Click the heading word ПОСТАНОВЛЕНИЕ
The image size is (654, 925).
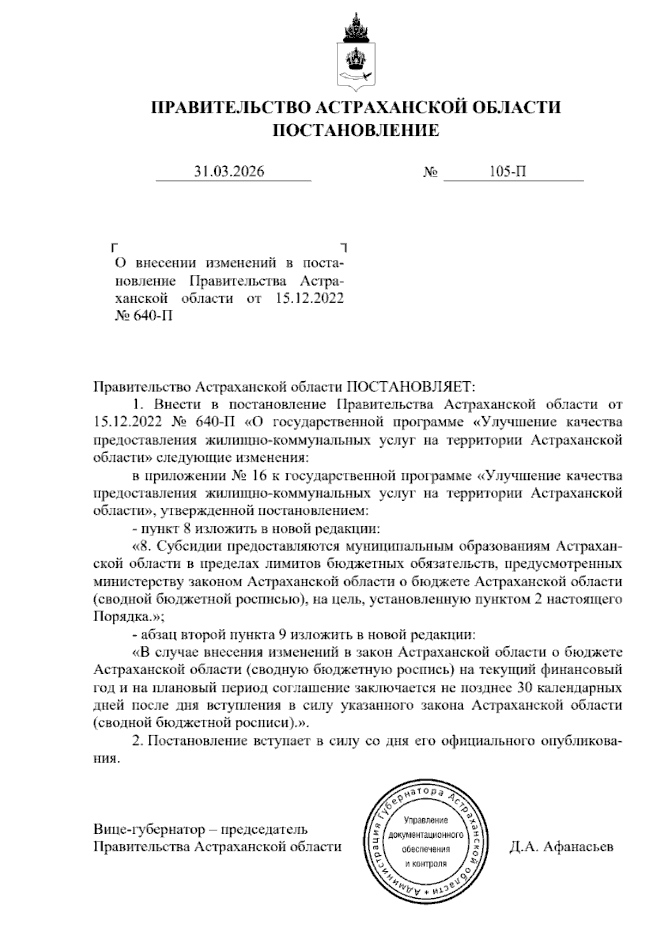point(355,130)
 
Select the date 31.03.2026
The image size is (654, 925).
point(229,172)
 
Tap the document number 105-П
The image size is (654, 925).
point(508,172)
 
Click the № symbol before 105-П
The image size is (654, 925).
point(431,173)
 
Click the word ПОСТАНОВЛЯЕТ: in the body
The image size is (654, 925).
point(411,387)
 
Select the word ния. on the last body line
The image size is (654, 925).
point(106,759)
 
